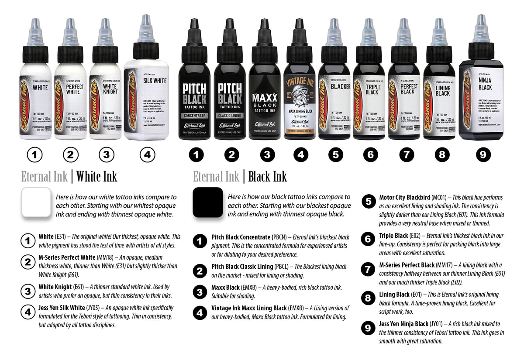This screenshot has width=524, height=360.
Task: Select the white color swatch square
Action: tap(36, 202)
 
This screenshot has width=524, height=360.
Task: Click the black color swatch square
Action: tap(208, 202)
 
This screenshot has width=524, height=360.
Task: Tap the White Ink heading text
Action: tap(97, 177)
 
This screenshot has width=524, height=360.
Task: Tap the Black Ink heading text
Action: tap(267, 177)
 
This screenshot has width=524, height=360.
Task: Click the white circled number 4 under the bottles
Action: tap(148, 154)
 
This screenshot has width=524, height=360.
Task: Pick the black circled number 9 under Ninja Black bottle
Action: tap(483, 154)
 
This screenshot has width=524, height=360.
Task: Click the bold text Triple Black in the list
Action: tap(393, 236)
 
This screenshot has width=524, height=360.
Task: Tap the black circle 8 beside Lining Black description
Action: tap(369, 298)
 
